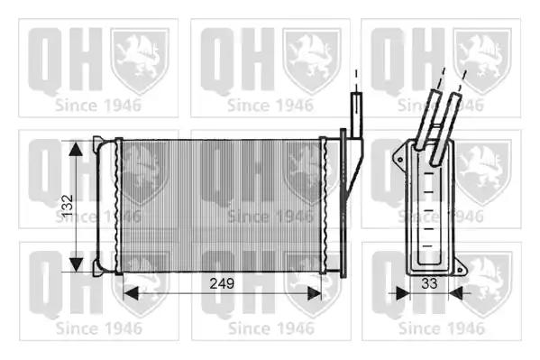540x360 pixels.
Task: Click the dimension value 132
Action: [67, 206]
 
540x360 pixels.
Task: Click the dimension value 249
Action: [222, 283]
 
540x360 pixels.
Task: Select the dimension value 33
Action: [429, 283]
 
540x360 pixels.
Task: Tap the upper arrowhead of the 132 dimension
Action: [76, 149]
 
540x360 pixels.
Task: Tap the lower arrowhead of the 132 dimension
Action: [76, 264]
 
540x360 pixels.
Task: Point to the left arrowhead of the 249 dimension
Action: [131, 293]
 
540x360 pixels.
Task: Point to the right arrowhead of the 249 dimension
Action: [314, 293]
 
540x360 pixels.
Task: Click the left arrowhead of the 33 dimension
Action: [402, 293]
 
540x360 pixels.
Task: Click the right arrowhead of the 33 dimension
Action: [456, 293]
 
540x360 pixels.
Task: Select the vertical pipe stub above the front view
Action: [356, 115]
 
